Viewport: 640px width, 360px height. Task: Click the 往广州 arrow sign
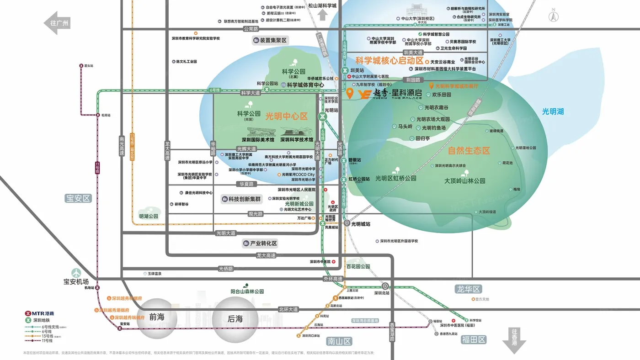(x=57, y=23)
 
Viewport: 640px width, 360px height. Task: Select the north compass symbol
(x=554, y=16)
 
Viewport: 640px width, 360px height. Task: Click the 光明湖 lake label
(x=553, y=111)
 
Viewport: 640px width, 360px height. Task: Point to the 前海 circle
(x=157, y=318)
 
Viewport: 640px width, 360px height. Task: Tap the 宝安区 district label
(x=78, y=198)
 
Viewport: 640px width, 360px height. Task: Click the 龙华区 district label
(x=469, y=289)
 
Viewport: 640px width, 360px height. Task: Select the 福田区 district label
(x=473, y=339)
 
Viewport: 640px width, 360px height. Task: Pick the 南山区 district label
(x=339, y=341)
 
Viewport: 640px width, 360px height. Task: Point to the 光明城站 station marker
(x=347, y=224)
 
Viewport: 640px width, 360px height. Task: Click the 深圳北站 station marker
(x=385, y=286)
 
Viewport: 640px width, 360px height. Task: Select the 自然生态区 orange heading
(x=469, y=151)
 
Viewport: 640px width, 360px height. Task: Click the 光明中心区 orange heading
(x=287, y=116)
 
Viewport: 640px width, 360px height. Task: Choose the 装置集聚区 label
(x=270, y=41)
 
